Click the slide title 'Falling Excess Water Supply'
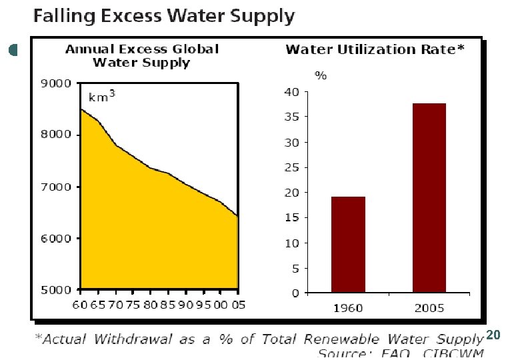[x=164, y=16]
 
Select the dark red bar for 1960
[x=348, y=245]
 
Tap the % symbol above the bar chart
[x=321, y=75]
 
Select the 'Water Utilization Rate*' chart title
[x=375, y=49]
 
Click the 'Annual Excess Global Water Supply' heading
[x=141, y=56]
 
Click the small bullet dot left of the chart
[x=13, y=50]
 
